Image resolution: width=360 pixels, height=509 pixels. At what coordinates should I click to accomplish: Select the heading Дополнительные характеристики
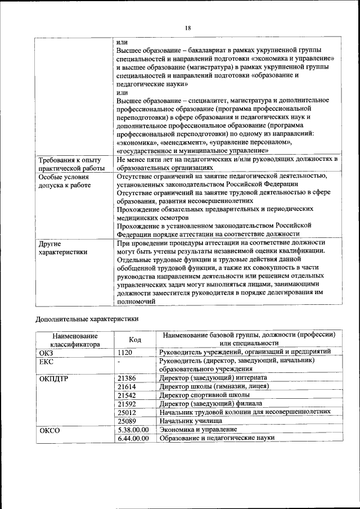tap(87, 318)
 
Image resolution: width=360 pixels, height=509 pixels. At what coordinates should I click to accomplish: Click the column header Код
tap(135, 339)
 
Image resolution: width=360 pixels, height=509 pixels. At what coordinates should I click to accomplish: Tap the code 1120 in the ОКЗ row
tap(125, 352)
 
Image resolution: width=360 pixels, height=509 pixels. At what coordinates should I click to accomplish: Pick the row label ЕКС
tap(46, 361)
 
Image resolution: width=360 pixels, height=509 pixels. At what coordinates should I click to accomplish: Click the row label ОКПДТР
tap(54, 378)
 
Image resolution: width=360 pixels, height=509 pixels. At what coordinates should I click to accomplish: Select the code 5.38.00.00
tap(133, 429)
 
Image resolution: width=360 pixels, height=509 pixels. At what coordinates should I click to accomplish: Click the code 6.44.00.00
tap(133, 438)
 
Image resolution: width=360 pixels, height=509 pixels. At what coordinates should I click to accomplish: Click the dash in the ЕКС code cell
tap(119, 361)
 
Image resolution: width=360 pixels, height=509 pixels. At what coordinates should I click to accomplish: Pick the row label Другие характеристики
tap(62, 248)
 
